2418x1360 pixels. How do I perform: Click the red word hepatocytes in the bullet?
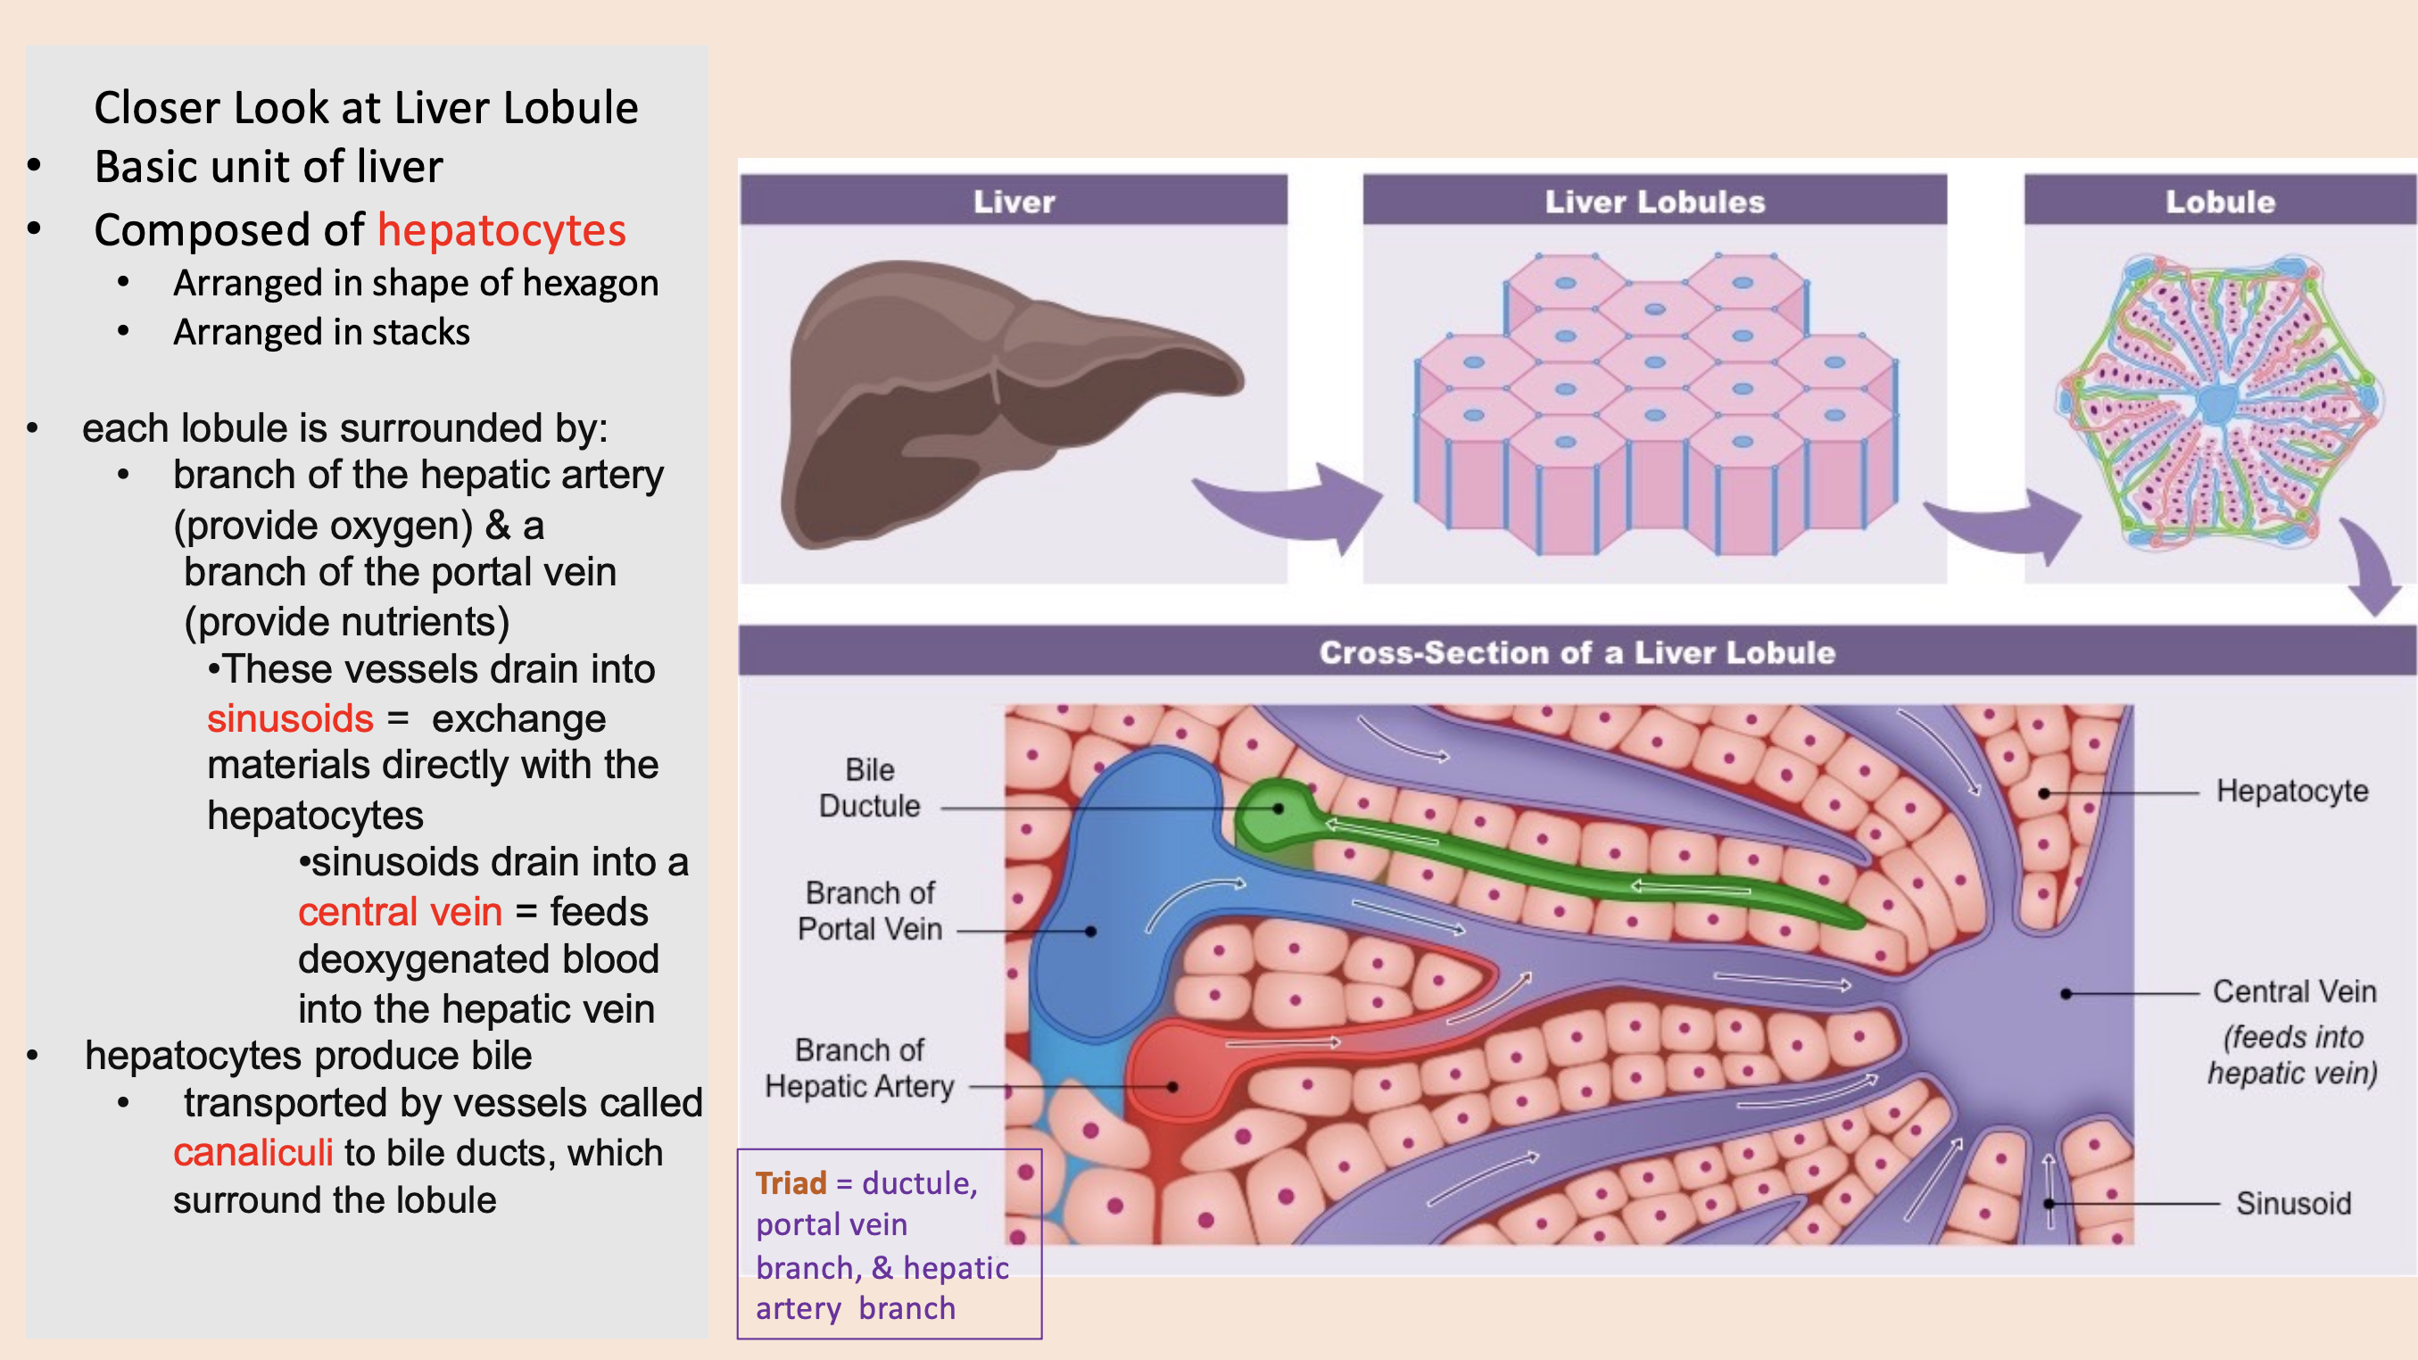click(x=501, y=230)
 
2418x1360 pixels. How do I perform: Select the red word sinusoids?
click(x=290, y=719)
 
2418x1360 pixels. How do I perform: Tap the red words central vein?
click(x=400, y=911)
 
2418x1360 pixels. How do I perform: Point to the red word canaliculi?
click(x=253, y=1153)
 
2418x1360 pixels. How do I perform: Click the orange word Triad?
click(x=791, y=1183)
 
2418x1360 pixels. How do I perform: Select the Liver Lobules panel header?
click(x=1655, y=201)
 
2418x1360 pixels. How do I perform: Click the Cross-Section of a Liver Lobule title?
click(x=1577, y=652)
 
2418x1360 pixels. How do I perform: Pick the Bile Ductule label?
click(x=869, y=787)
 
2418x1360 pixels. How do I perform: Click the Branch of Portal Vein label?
click(x=869, y=910)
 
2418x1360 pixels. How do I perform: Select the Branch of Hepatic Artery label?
click(x=859, y=1068)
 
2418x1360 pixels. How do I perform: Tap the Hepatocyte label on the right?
click(x=2291, y=792)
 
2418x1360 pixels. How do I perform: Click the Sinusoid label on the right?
click(x=2293, y=1203)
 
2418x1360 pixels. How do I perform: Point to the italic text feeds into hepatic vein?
click(x=2292, y=1055)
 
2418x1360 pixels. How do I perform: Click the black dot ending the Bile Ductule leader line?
click(x=1278, y=809)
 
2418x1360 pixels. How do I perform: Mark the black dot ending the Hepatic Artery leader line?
click(x=1172, y=1087)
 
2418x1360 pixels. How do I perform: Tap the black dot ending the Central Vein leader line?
click(x=2066, y=994)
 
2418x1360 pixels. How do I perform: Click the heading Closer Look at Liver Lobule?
click(x=366, y=108)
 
